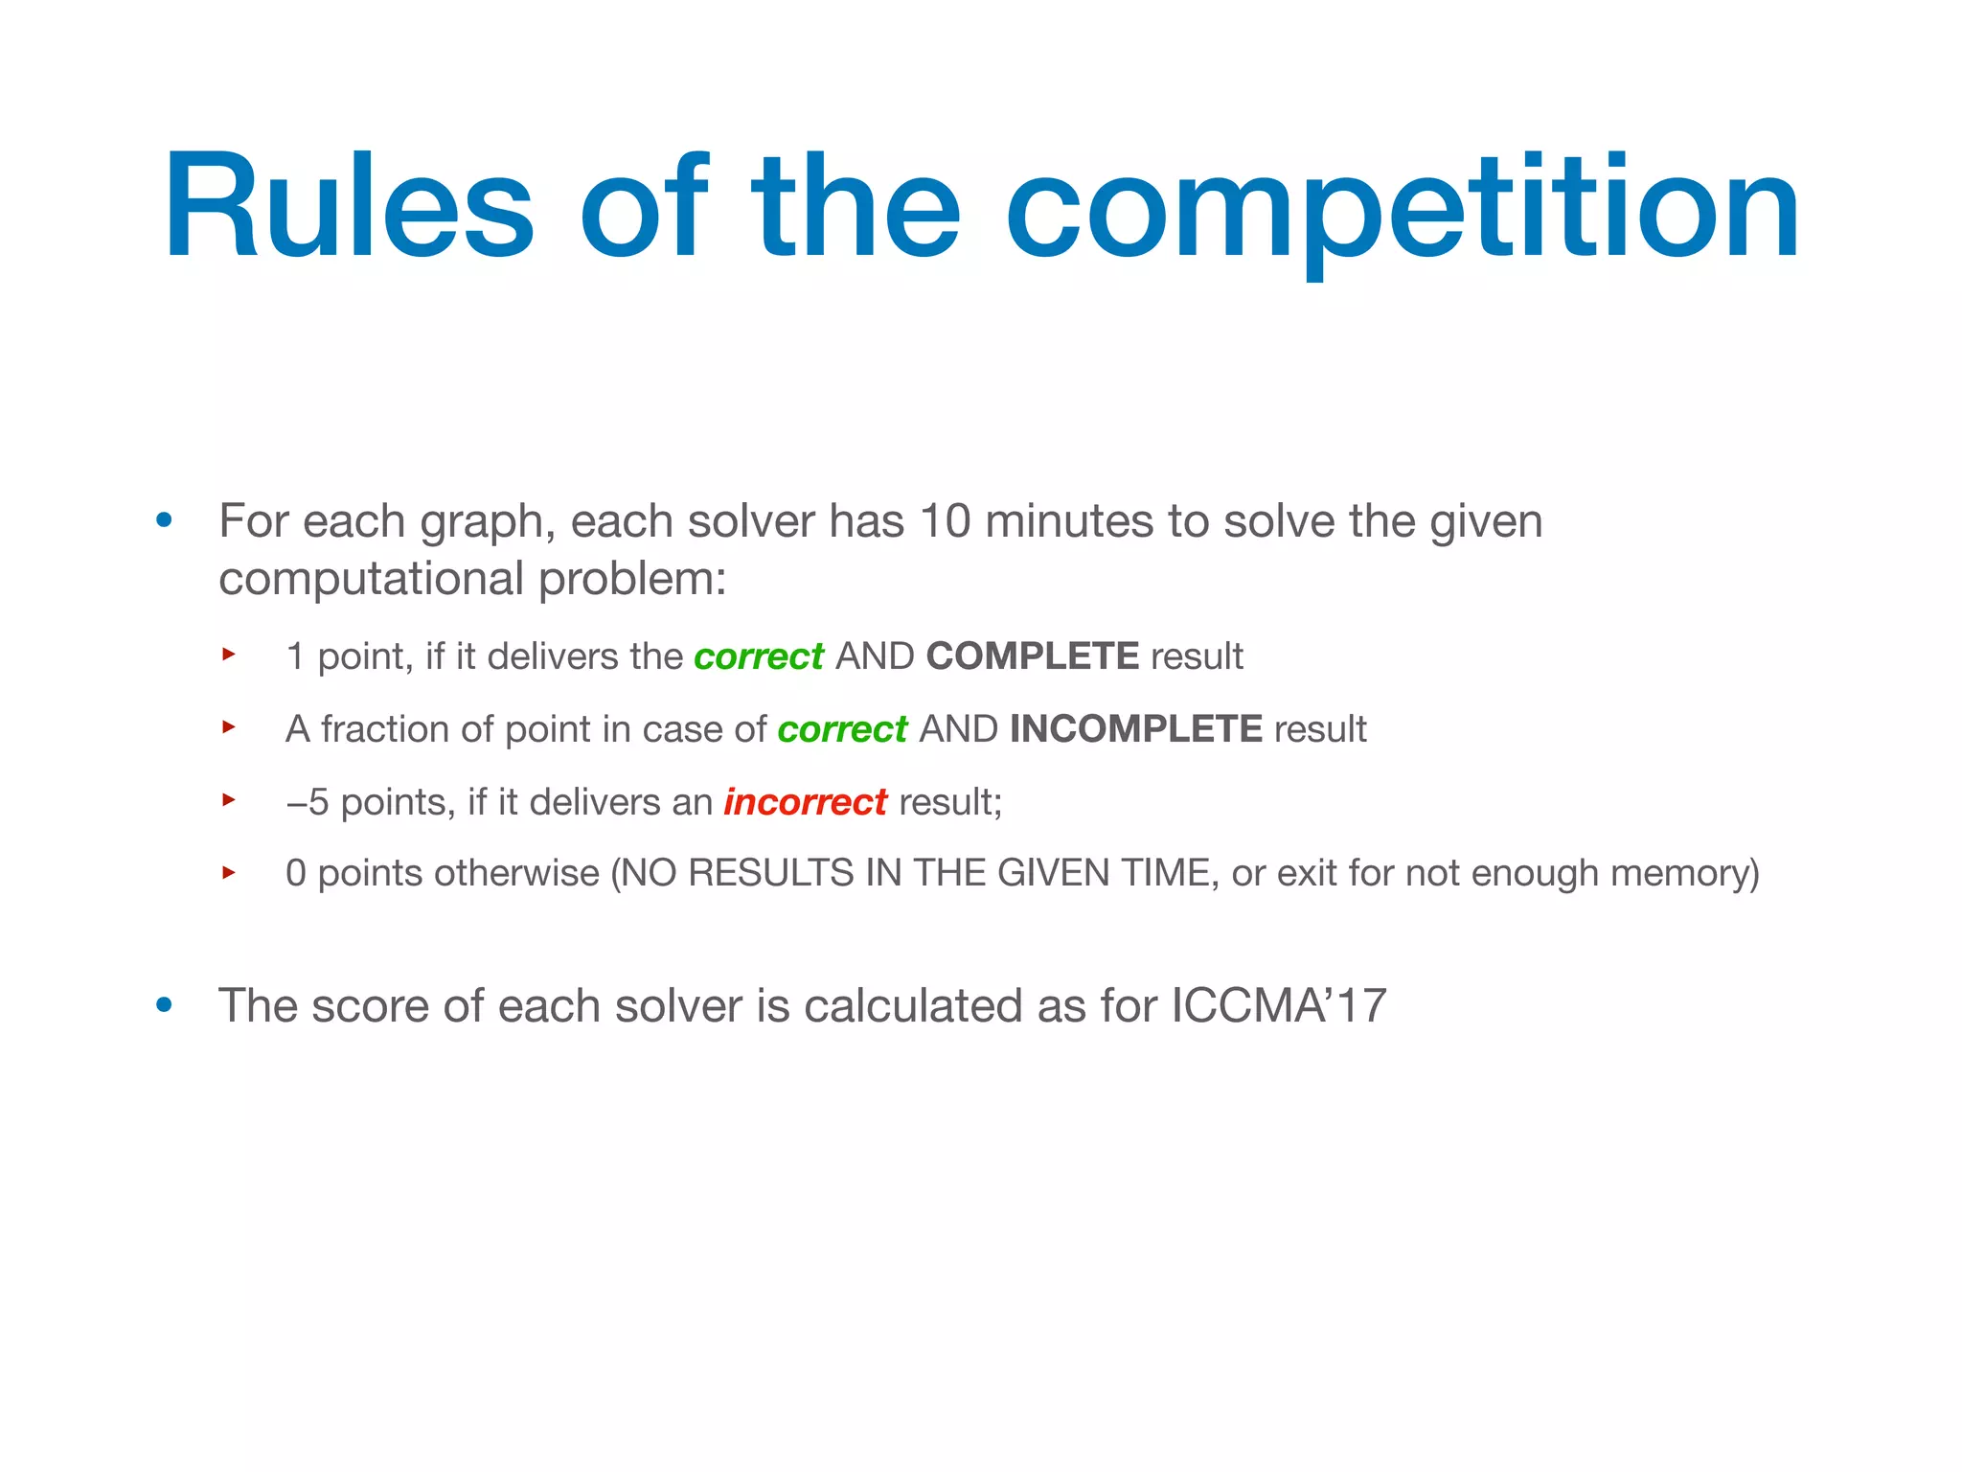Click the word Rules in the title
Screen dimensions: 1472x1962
tap(348, 206)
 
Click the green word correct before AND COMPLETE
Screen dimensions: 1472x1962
tap(758, 657)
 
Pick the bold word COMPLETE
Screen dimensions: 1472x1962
tap(1032, 656)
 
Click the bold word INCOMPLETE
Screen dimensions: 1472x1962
tap(1135, 729)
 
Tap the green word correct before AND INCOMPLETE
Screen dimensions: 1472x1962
tap(841, 730)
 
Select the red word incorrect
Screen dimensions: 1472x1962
tap(805, 802)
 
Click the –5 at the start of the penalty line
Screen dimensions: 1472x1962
tap(307, 802)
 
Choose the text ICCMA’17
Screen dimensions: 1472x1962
tap(1278, 1006)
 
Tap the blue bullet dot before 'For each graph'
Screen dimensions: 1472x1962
tap(165, 521)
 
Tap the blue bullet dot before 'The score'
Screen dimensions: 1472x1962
tap(165, 1005)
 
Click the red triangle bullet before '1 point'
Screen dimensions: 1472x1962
tap(228, 655)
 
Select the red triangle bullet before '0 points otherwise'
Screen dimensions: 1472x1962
tap(228, 872)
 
